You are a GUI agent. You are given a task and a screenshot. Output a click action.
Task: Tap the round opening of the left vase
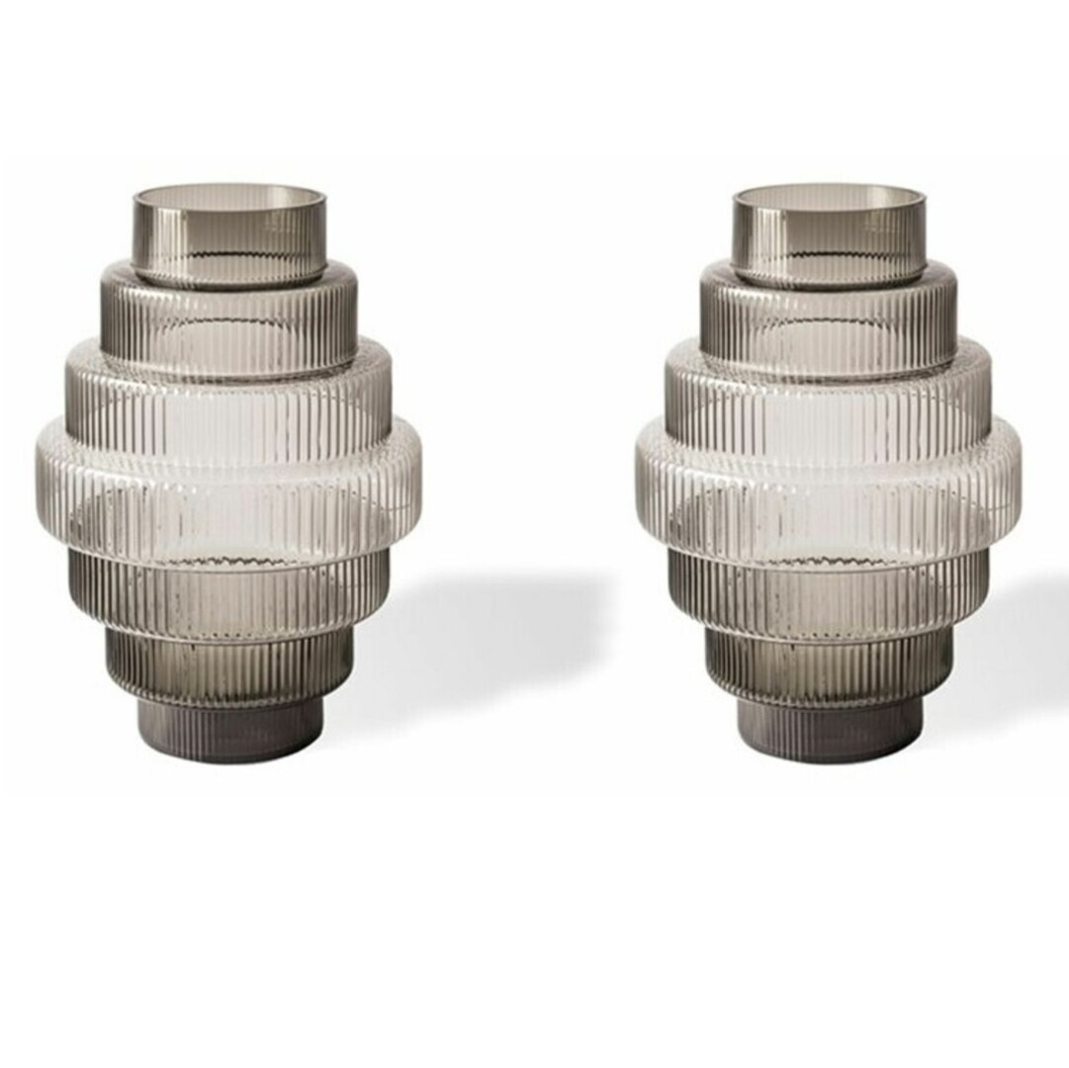(229, 195)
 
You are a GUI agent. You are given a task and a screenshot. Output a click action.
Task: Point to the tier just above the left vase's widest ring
(229, 391)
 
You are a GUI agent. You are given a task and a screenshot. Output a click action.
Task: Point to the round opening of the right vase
(829, 195)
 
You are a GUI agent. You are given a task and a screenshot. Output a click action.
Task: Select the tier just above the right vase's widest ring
(829, 391)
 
